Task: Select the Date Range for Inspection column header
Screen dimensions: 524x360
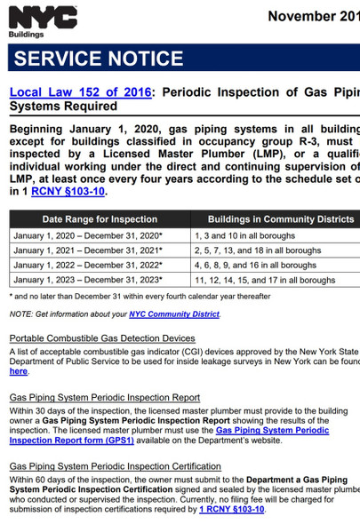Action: [100, 218]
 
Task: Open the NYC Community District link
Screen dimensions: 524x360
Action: [174, 314]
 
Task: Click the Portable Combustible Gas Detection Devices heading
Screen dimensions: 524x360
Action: [102, 338]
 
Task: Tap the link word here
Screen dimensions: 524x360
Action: [18, 371]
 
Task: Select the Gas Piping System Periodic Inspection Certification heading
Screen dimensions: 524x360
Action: [115, 466]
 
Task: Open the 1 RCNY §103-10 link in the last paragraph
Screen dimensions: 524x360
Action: [232, 509]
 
